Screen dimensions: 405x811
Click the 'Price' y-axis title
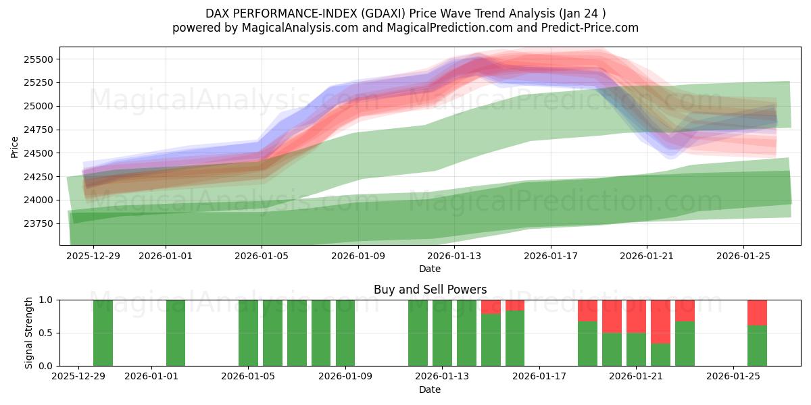click(x=15, y=146)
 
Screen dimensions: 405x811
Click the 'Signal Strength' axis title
click(x=28, y=333)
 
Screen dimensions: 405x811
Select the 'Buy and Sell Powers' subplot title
click(x=430, y=290)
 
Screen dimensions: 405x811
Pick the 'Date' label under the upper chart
click(x=430, y=269)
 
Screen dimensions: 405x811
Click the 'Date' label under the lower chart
click(x=430, y=389)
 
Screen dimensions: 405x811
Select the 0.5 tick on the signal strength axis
click(x=47, y=333)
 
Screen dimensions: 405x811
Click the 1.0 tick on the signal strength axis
click(x=47, y=300)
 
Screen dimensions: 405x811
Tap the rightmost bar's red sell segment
click(x=757, y=313)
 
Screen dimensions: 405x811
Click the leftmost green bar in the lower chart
click(x=103, y=333)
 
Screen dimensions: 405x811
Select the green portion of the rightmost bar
click(x=757, y=346)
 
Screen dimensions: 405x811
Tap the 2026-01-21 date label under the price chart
click(x=647, y=256)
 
